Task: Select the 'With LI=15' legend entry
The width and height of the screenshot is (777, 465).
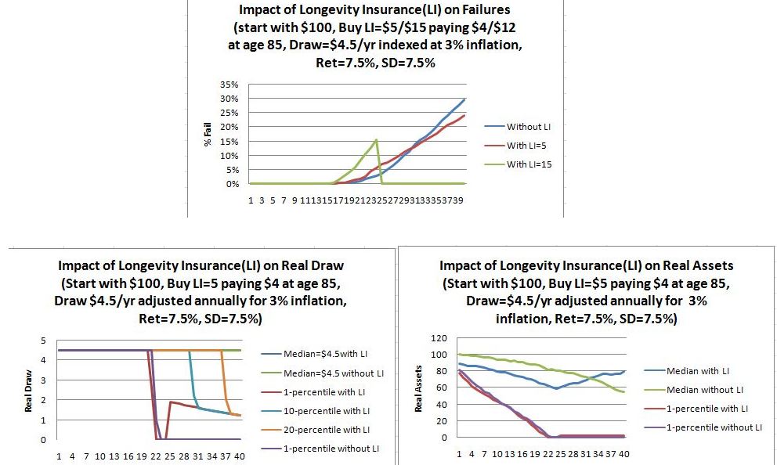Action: [x=530, y=164]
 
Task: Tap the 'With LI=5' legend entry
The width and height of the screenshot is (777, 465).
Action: [x=529, y=145]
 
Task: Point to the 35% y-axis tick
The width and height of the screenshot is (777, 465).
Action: [x=229, y=84]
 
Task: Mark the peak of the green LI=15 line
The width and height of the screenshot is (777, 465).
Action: [x=376, y=140]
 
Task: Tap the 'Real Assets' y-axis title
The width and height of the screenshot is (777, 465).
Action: [x=419, y=388]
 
